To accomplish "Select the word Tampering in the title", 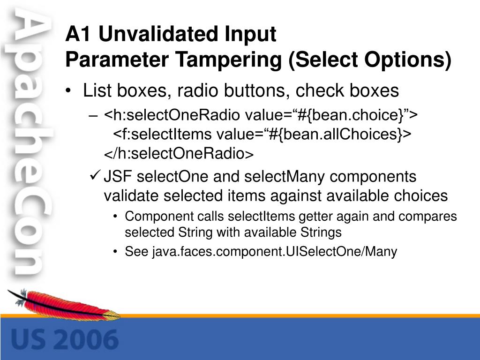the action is [228, 60].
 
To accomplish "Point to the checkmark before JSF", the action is [95, 175].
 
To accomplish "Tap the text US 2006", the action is [65, 340].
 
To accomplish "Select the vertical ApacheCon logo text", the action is [29, 141].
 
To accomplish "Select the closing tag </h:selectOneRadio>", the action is [179, 153].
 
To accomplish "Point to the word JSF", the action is [118, 177].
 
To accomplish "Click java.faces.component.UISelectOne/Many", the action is [275, 252].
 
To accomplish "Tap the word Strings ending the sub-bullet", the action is [321, 232].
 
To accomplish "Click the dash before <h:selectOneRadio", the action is [93, 116].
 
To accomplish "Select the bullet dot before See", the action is [115, 252].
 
